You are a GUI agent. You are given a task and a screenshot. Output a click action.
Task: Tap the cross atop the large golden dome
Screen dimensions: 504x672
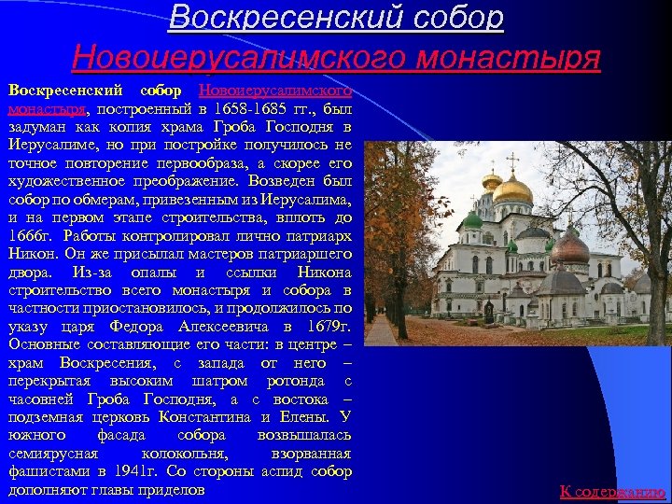click(511, 161)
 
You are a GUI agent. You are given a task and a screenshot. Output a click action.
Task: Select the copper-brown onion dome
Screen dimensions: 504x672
click(570, 248)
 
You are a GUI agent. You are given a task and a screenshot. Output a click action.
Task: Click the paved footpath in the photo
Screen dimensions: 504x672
click(380, 330)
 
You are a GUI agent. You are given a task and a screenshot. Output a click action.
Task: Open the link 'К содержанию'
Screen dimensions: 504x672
click(612, 491)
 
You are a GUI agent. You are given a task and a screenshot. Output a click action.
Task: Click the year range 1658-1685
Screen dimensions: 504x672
click(279, 108)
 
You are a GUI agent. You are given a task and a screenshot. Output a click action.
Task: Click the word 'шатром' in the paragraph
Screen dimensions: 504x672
click(224, 380)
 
